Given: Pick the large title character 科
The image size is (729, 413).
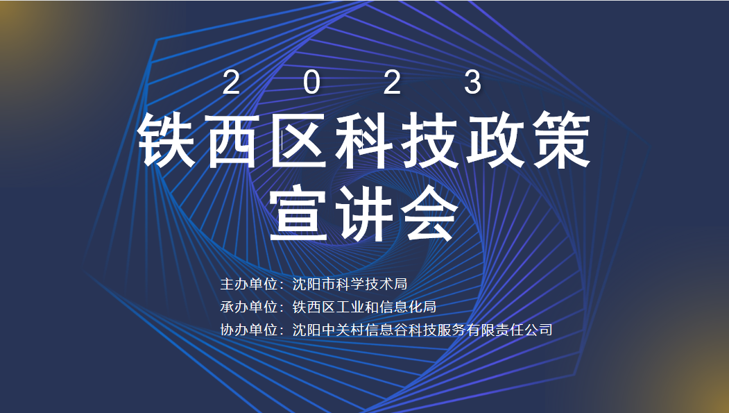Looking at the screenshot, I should [364, 141].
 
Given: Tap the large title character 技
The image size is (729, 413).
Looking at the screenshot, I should [430, 141].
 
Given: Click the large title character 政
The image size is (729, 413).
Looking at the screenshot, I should [495, 141].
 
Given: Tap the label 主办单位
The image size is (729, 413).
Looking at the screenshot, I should [248, 284].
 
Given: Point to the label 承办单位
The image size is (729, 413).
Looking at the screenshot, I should [248, 307].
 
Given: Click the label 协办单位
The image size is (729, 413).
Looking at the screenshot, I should [248, 330].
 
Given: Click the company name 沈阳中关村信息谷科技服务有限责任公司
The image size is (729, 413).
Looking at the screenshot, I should [422, 330].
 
